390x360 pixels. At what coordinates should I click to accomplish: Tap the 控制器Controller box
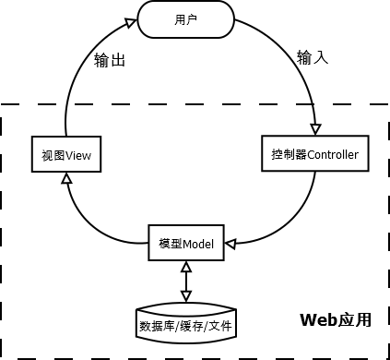pos(315,152)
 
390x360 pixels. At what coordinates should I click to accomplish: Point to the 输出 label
pos(111,61)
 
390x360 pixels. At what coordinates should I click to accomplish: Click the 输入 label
pos(313,57)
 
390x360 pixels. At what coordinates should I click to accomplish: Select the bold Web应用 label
pos(336,319)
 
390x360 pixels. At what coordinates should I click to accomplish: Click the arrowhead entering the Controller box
pos(316,129)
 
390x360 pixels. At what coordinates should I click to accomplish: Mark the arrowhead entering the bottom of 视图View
pos(66,178)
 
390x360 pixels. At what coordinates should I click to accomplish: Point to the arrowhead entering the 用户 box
pos(131,17)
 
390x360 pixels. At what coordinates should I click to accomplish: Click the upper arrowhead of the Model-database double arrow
pos(185,265)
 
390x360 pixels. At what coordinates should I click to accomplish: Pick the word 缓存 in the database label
pos(185,326)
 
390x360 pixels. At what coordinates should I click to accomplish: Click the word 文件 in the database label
pos(219,326)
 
